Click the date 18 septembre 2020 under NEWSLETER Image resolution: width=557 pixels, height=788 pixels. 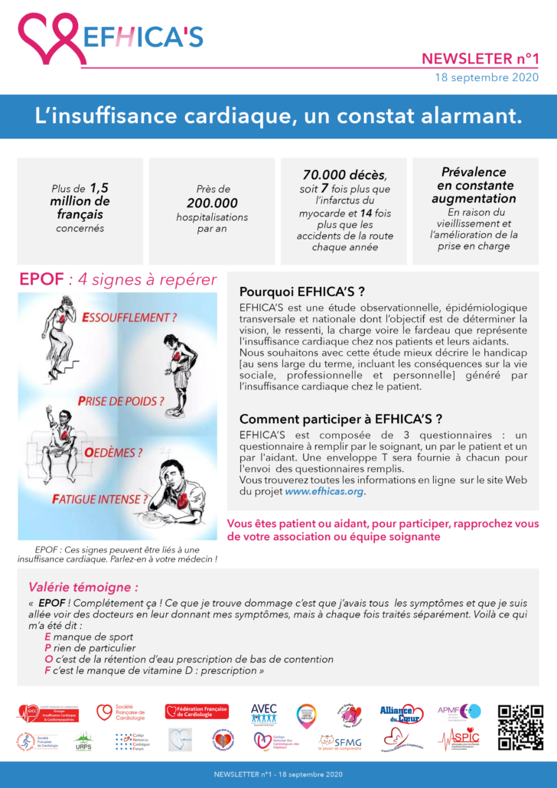(x=492, y=77)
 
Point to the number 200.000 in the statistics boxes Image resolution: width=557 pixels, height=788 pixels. (x=212, y=204)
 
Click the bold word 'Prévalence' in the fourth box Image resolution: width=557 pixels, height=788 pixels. (x=474, y=172)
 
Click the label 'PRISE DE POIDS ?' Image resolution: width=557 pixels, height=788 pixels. (x=121, y=401)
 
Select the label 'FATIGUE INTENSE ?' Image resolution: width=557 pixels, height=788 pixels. (x=99, y=500)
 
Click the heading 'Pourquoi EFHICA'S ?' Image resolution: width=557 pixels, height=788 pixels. (x=301, y=291)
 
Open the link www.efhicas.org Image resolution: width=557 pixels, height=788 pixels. (x=324, y=492)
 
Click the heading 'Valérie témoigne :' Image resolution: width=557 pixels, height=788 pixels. (x=83, y=588)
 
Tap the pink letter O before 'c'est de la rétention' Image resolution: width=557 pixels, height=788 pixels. (x=49, y=659)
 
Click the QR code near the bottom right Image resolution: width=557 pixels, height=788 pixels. (x=520, y=728)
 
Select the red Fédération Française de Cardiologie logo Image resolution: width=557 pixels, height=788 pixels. (x=197, y=711)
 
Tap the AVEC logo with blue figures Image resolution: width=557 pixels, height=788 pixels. (x=263, y=713)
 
